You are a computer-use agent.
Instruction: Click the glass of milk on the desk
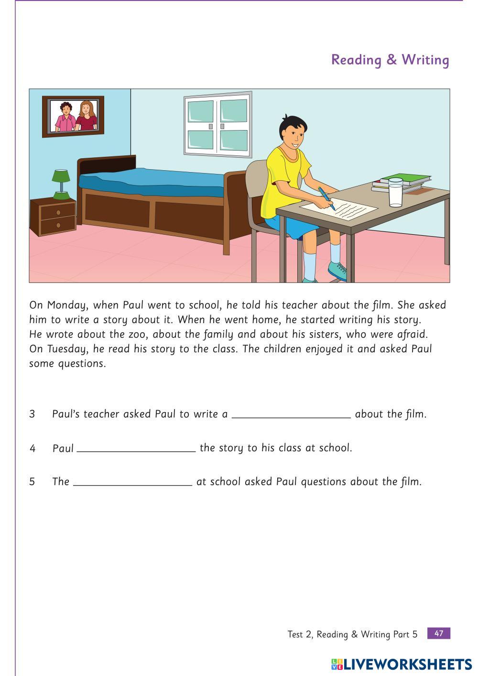[x=395, y=192]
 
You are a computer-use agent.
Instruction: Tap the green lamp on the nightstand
[x=61, y=184]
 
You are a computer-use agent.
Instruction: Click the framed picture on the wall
[x=73, y=116]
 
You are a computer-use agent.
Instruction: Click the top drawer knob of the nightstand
[x=58, y=212]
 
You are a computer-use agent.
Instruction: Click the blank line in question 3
[x=291, y=414]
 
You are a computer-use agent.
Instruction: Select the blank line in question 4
[x=136, y=448]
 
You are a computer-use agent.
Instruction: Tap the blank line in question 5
[x=132, y=482]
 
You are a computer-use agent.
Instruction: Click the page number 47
[x=438, y=633]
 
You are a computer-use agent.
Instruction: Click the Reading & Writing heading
[x=390, y=60]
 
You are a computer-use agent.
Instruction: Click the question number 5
[x=32, y=482]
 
